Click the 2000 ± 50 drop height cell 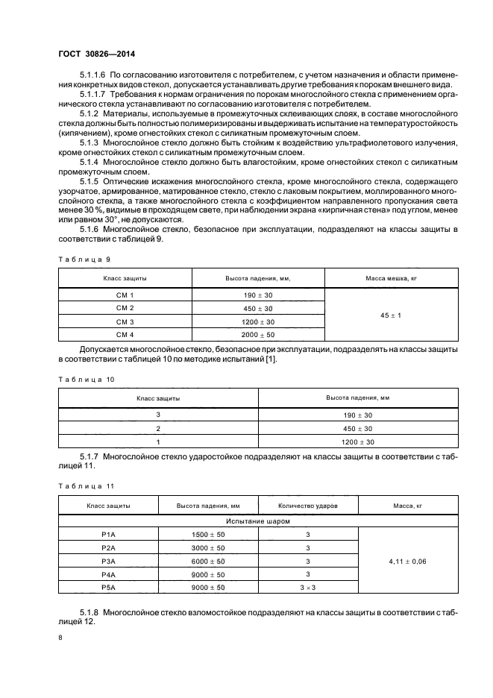tap(258, 335)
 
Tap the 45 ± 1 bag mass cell tap(390, 315)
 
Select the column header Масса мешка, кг tap(390, 277)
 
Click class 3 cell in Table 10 tap(158, 415)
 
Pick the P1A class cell tap(108, 535)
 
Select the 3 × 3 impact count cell tap(308, 588)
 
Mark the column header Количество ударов tap(308, 506)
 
